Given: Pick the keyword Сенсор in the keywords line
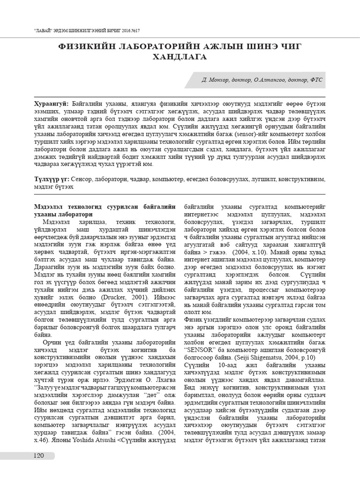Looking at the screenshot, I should (x=86, y=179).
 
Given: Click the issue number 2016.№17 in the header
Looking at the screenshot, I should (x=127, y=30).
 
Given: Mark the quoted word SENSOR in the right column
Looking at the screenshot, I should (x=200, y=349).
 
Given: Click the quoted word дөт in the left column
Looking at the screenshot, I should (x=138, y=393).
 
